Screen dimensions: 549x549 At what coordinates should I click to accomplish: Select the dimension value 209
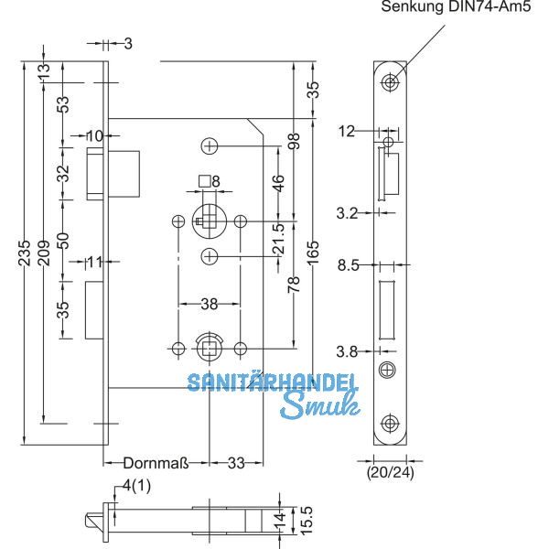[x=45, y=249]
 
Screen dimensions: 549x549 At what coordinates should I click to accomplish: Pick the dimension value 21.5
[x=278, y=239]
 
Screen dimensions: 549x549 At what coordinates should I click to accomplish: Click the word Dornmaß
[x=156, y=464]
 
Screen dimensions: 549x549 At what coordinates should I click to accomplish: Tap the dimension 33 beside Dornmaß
[x=236, y=464]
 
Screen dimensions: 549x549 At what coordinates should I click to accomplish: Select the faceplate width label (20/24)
[x=390, y=473]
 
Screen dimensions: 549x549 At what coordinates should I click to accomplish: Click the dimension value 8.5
[x=348, y=265]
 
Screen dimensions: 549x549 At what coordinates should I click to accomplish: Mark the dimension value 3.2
[x=348, y=212]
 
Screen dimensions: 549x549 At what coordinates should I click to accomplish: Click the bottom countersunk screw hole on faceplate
[x=391, y=423]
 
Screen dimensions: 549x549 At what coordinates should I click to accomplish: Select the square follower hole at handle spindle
[x=209, y=221]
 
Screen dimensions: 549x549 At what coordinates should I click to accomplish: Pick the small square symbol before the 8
[x=204, y=181]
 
